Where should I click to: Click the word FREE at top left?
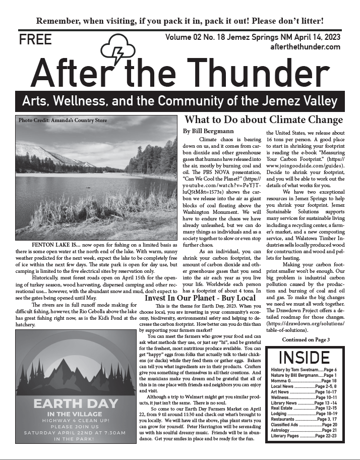(x=35, y=40)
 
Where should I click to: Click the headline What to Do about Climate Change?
(x=264, y=120)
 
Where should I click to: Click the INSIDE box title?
(x=304, y=357)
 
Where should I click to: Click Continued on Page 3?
(x=306, y=339)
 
